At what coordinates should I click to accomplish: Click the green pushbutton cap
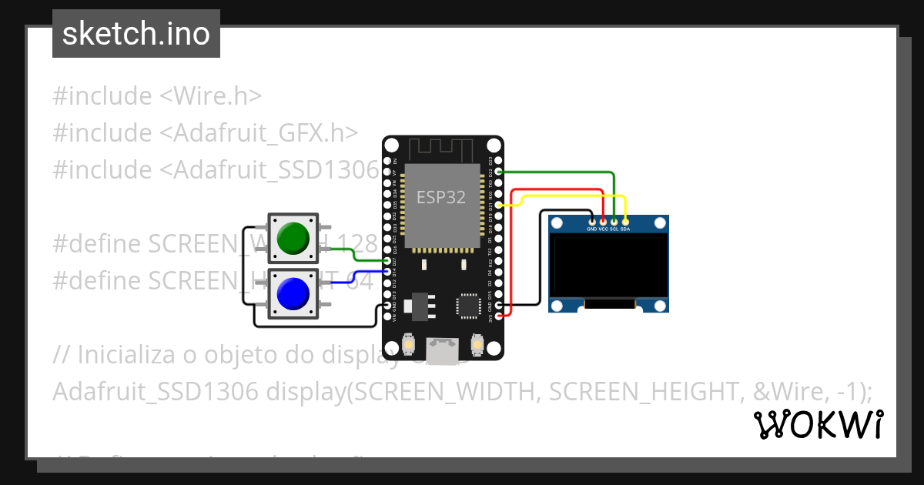pyautogui.click(x=293, y=238)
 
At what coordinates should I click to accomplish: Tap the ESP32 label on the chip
pyautogui.click(x=441, y=196)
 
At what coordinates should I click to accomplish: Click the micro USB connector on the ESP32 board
pyautogui.click(x=443, y=352)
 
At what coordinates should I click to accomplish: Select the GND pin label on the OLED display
pyautogui.click(x=591, y=229)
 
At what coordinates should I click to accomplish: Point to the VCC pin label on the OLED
pyautogui.click(x=603, y=229)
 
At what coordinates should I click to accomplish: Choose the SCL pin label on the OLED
pyautogui.click(x=614, y=229)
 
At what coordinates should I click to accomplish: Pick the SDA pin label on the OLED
pyautogui.click(x=625, y=229)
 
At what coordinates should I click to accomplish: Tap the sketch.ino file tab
pyautogui.click(x=136, y=34)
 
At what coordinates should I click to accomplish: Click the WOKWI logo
pyautogui.click(x=819, y=424)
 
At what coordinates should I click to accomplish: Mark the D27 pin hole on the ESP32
pyautogui.click(x=387, y=261)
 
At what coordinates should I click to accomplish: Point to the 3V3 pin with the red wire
pyautogui.click(x=500, y=316)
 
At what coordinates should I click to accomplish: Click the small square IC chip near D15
pyautogui.click(x=469, y=305)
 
